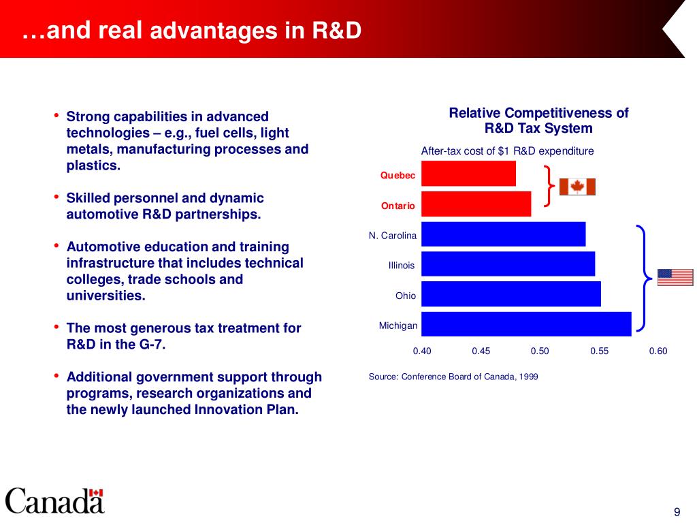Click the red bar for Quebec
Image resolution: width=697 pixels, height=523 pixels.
click(x=468, y=174)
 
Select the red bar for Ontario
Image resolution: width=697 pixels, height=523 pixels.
click(x=476, y=204)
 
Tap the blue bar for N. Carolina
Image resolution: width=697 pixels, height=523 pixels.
click(x=503, y=234)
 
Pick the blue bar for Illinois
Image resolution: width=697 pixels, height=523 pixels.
click(x=508, y=264)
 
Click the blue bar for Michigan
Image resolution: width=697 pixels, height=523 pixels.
click(x=526, y=324)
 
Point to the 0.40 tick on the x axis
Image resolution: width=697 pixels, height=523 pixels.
click(x=422, y=351)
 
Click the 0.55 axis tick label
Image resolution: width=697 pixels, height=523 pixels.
click(x=599, y=351)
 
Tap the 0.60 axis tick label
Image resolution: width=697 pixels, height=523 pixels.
click(x=658, y=351)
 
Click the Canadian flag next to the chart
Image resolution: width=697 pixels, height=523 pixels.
click(x=577, y=187)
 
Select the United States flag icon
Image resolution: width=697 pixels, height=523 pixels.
click(x=675, y=277)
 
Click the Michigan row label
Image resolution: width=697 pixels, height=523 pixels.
click(x=398, y=326)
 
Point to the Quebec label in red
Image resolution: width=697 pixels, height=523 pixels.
click(x=398, y=176)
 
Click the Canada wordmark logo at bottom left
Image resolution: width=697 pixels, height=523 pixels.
click(x=55, y=501)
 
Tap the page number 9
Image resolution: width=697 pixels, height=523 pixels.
click(x=677, y=513)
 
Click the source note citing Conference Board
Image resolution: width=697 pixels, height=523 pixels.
click(x=453, y=377)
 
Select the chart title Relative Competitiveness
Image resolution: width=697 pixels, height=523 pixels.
click(x=538, y=121)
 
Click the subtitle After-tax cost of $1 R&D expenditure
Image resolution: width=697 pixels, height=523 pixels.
click(x=508, y=151)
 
